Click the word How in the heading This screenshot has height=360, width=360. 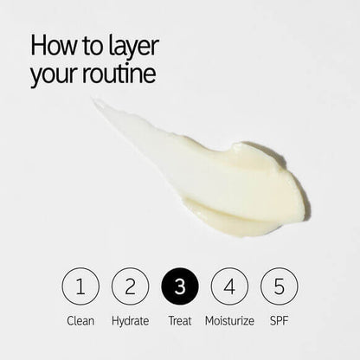[x=54, y=45]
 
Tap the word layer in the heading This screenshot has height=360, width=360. [x=134, y=48]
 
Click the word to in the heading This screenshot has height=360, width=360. [x=93, y=47]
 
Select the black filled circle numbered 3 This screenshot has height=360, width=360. [x=180, y=286]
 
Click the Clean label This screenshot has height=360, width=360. [x=80, y=321]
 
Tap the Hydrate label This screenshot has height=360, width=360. [x=131, y=321]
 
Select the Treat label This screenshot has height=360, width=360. [x=180, y=321]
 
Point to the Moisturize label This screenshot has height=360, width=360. [x=229, y=321]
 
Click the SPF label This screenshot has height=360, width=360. [x=280, y=321]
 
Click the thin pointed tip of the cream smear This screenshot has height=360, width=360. [x=93, y=100]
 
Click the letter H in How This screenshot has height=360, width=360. [x=37, y=45]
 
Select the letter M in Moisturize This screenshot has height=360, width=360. [x=210, y=321]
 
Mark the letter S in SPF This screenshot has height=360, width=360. [x=273, y=321]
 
